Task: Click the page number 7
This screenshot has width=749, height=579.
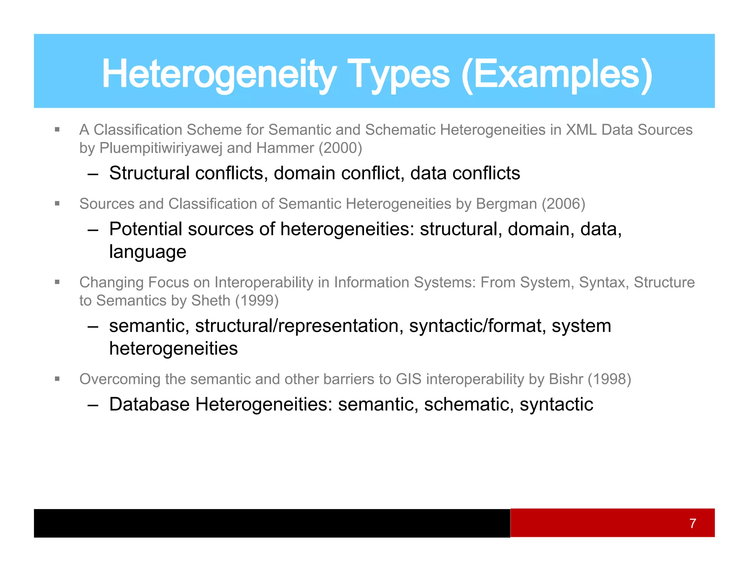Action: tap(692, 523)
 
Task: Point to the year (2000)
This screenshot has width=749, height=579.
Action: tap(340, 148)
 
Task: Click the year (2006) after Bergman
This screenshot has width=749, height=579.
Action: tap(563, 204)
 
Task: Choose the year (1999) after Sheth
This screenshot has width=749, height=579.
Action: tap(257, 301)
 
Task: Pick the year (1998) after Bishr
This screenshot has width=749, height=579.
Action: tap(609, 379)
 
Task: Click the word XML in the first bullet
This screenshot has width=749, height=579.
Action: tap(581, 130)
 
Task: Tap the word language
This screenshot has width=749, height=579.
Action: tap(148, 252)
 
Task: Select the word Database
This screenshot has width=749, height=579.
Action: tap(149, 404)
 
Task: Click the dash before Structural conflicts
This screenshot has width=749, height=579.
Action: tap(93, 174)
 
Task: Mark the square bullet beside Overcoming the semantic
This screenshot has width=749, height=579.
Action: tap(57, 379)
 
